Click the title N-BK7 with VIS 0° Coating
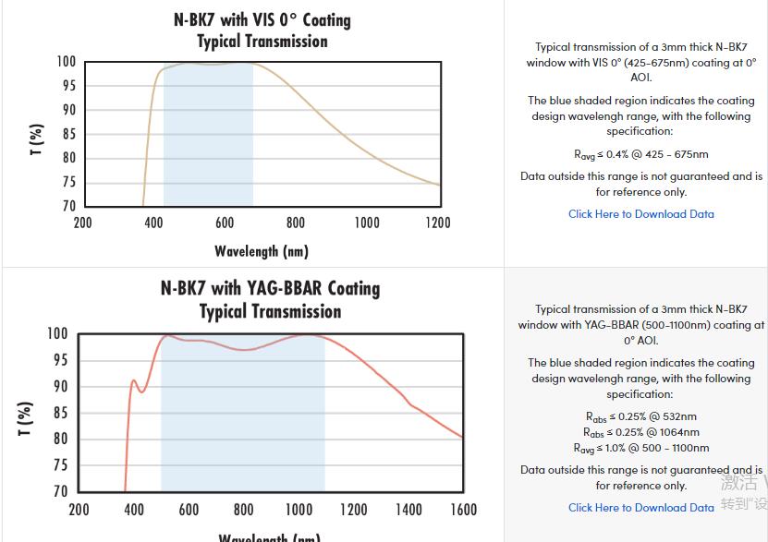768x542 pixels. pos(262,19)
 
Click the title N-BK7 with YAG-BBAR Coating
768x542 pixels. pos(270,288)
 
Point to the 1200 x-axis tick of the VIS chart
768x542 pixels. pos(437,223)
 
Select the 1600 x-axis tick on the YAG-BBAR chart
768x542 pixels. pos(463,510)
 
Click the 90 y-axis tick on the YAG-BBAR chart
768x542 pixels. pos(58,387)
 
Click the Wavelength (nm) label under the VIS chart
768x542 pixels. pos(262,251)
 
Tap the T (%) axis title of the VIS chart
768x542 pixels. pos(36,140)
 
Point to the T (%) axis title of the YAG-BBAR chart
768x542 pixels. pos(25,418)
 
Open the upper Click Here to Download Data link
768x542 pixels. pos(640,214)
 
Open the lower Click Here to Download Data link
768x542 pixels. pos(640,508)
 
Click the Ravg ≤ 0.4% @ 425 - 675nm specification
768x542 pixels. pos(640,154)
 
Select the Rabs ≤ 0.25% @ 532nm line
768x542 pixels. pos(640,416)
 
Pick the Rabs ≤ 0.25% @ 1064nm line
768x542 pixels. pos(640,432)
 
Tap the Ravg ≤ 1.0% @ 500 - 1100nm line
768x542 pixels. pos(640,448)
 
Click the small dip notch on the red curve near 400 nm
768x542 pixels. pos(141,391)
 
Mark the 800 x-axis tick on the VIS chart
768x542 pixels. pos(295,223)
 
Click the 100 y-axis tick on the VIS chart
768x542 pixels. pos(66,62)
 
